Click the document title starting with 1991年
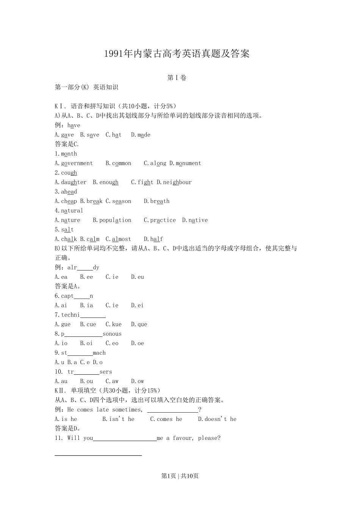click(x=177, y=54)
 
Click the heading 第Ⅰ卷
click(x=177, y=78)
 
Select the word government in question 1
click(x=77, y=163)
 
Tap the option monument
click(x=188, y=163)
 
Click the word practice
click(x=163, y=220)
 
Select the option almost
click(x=121, y=239)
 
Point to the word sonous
click(x=112, y=334)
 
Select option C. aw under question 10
click(x=112, y=381)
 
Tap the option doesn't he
click(x=220, y=419)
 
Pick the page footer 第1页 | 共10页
click(x=180, y=476)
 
